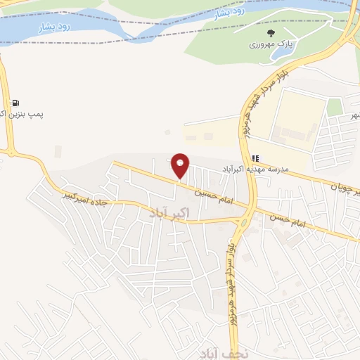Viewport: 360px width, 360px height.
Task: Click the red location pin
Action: [x=181, y=165]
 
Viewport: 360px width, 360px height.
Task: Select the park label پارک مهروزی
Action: [x=271, y=45]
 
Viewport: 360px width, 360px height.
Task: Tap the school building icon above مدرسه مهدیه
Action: [x=255, y=158]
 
